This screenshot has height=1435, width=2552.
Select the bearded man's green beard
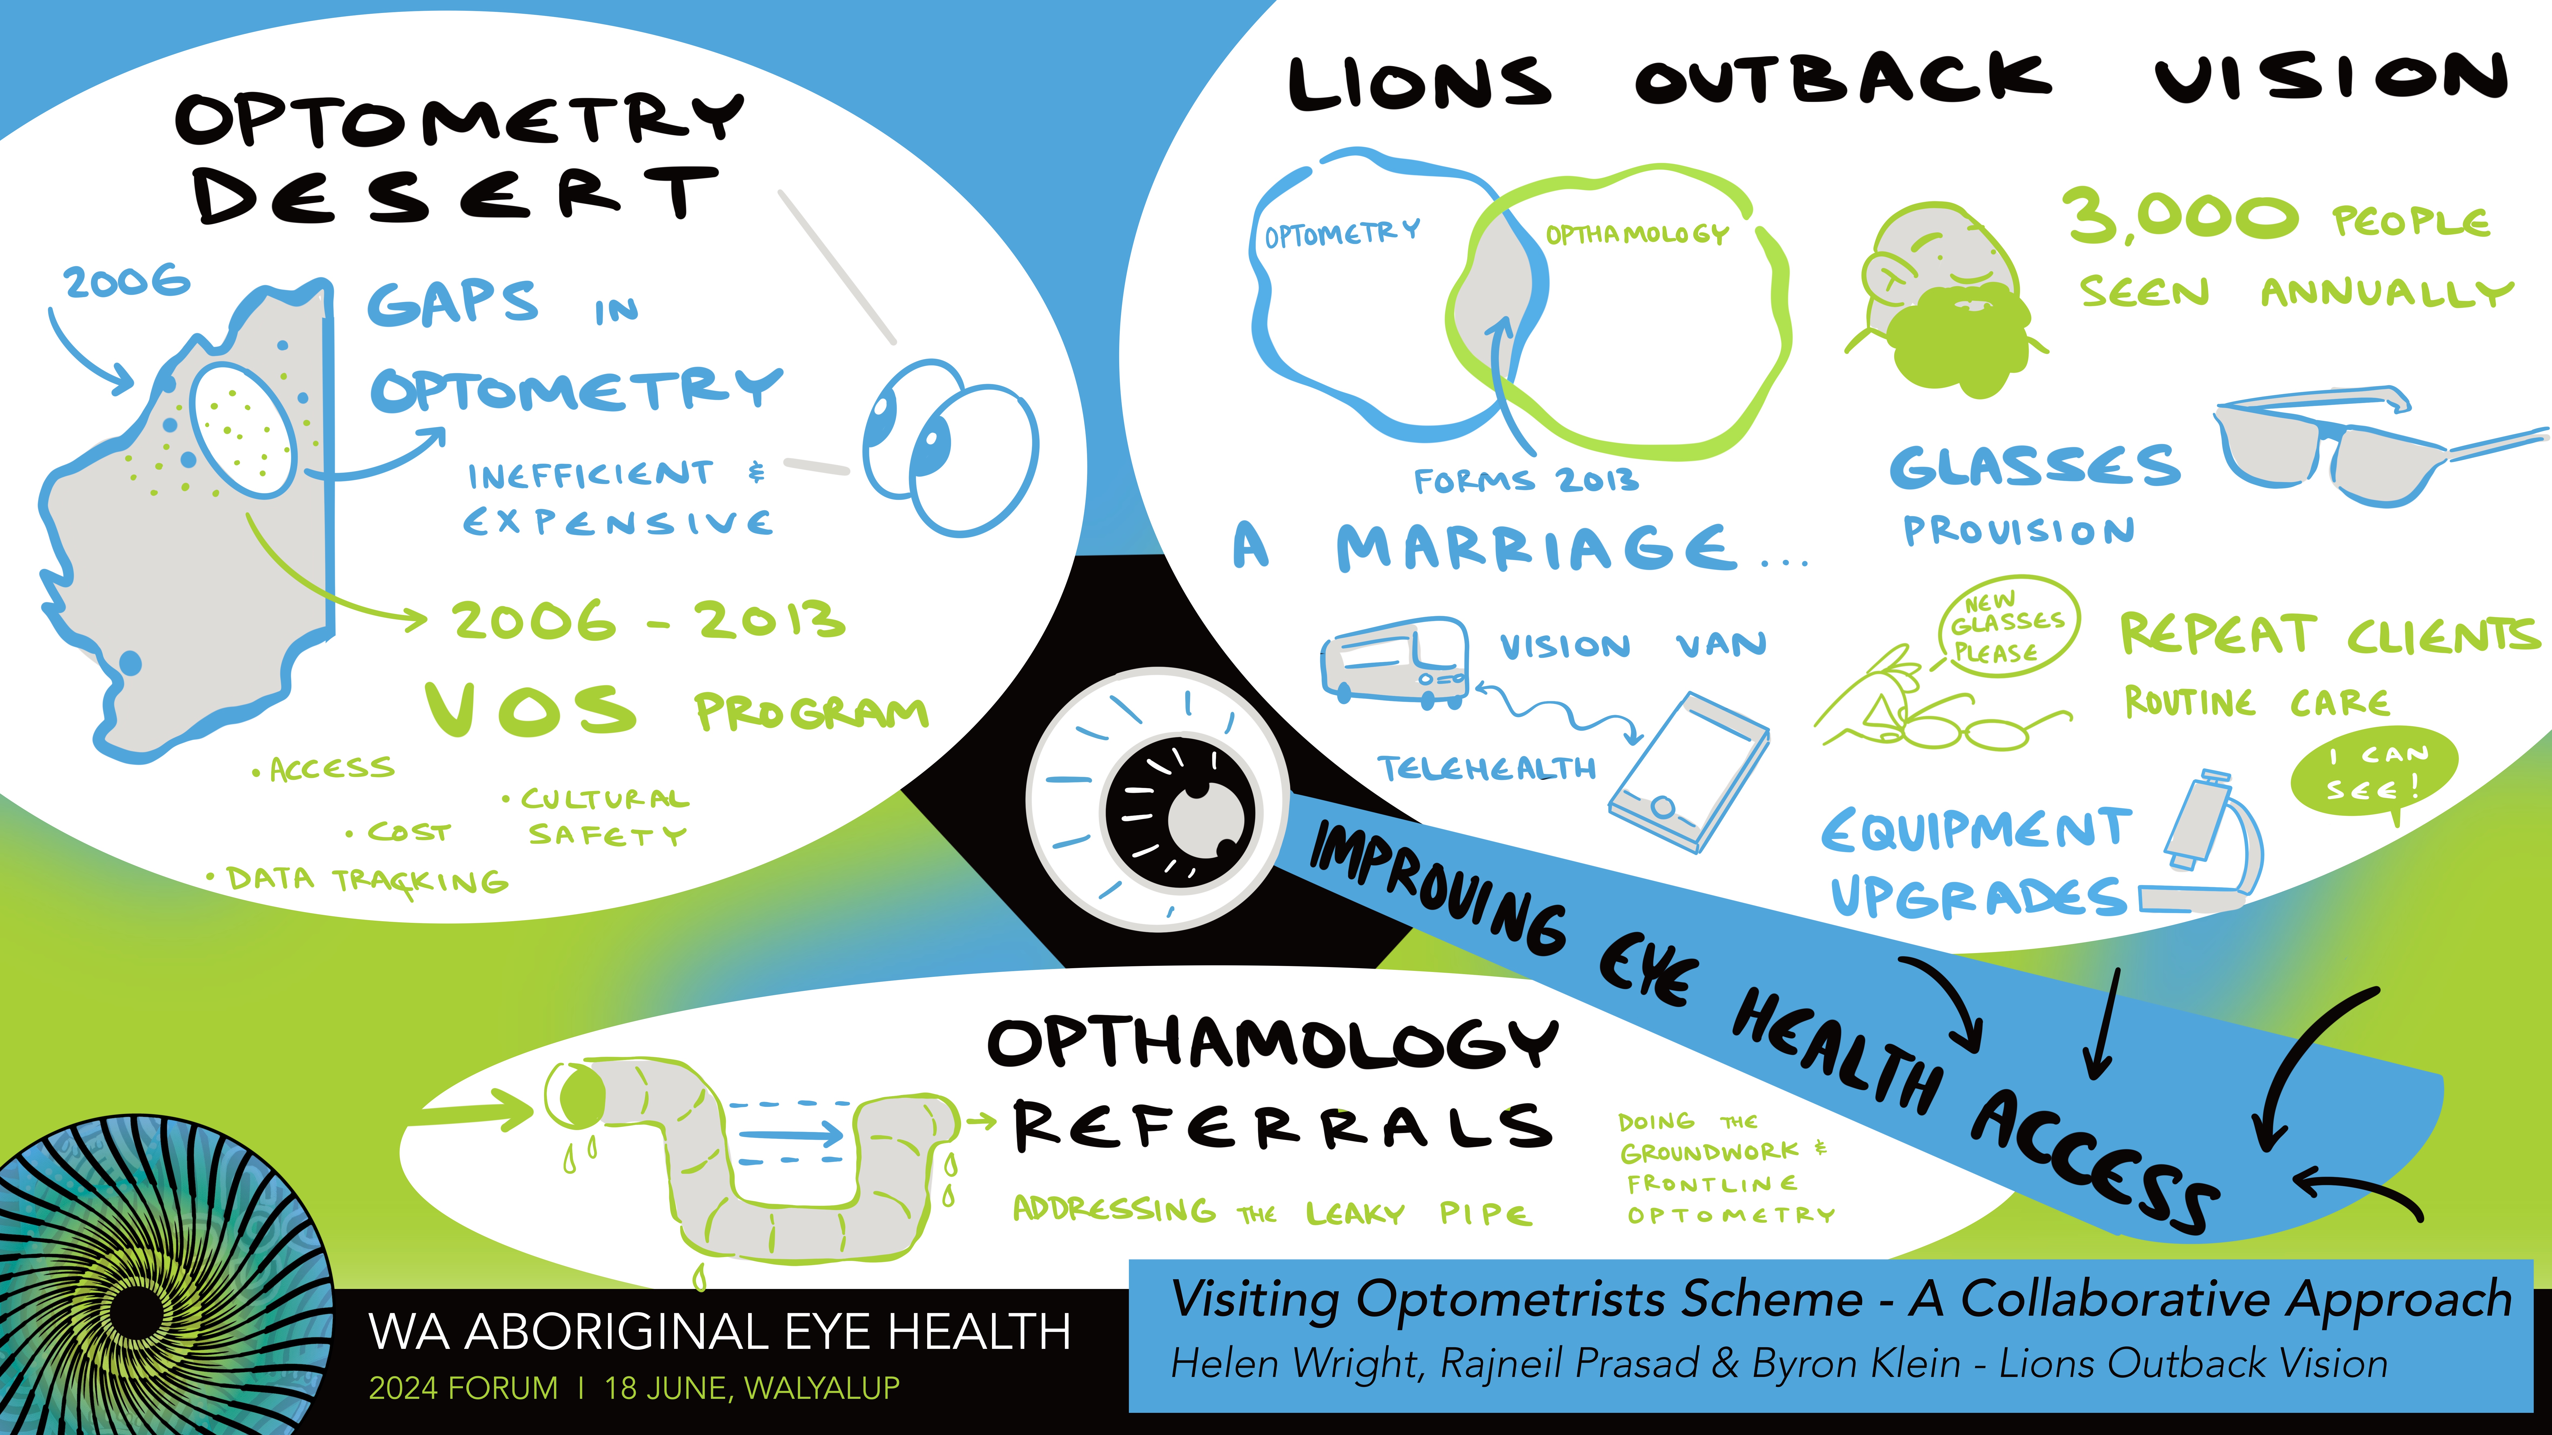pyautogui.click(x=1956, y=342)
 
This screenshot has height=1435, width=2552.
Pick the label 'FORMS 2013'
pyautogui.click(x=1526, y=481)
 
